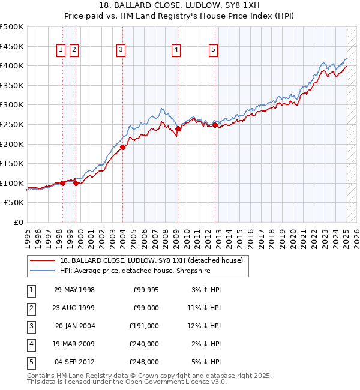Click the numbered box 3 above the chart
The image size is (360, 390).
click(121, 50)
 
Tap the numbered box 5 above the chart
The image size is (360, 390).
click(214, 50)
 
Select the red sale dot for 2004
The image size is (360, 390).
click(122, 147)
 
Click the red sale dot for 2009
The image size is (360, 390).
click(178, 128)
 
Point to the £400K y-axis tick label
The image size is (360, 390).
click(12, 65)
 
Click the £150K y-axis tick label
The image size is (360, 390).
click(12, 163)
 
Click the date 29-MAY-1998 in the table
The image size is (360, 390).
click(74, 290)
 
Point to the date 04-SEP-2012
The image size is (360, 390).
click(74, 362)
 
